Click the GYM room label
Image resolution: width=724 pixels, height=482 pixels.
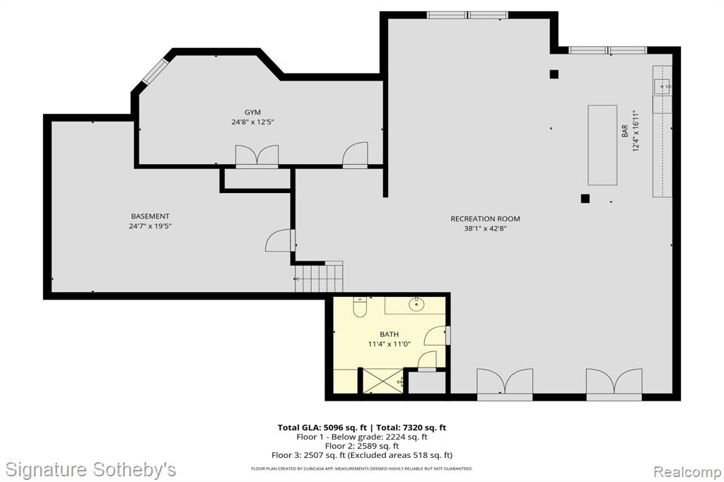[x=252, y=112]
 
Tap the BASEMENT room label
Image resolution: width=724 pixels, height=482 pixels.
[x=150, y=216]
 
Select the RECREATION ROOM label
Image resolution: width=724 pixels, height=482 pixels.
[x=485, y=219]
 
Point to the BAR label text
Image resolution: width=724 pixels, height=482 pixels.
[x=625, y=131]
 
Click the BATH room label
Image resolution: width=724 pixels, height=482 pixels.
[x=390, y=334]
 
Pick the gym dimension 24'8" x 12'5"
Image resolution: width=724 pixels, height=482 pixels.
[x=252, y=122]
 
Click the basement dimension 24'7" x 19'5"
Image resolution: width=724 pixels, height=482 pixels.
[x=150, y=226]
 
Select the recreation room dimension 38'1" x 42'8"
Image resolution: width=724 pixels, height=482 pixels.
[x=485, y=228]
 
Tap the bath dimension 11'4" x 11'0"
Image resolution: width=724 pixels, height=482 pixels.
[x=390, y=344]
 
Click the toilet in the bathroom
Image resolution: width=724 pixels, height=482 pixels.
[x=360, y=307]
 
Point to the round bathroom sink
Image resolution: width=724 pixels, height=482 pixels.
[x=417, y=304]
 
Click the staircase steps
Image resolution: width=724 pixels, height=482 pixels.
[x=319, y=276]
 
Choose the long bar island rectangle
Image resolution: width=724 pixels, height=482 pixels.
[x=602, y=145]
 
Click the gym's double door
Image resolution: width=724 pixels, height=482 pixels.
[x=257, y=156]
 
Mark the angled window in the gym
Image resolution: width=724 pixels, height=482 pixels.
[x=155, y=71]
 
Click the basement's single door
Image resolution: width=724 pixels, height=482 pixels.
[x=280, y=240]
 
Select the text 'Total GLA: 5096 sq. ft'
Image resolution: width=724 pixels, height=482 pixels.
[x=322, y=428]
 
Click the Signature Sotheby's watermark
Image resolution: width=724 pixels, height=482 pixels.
[x=90, y=470]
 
